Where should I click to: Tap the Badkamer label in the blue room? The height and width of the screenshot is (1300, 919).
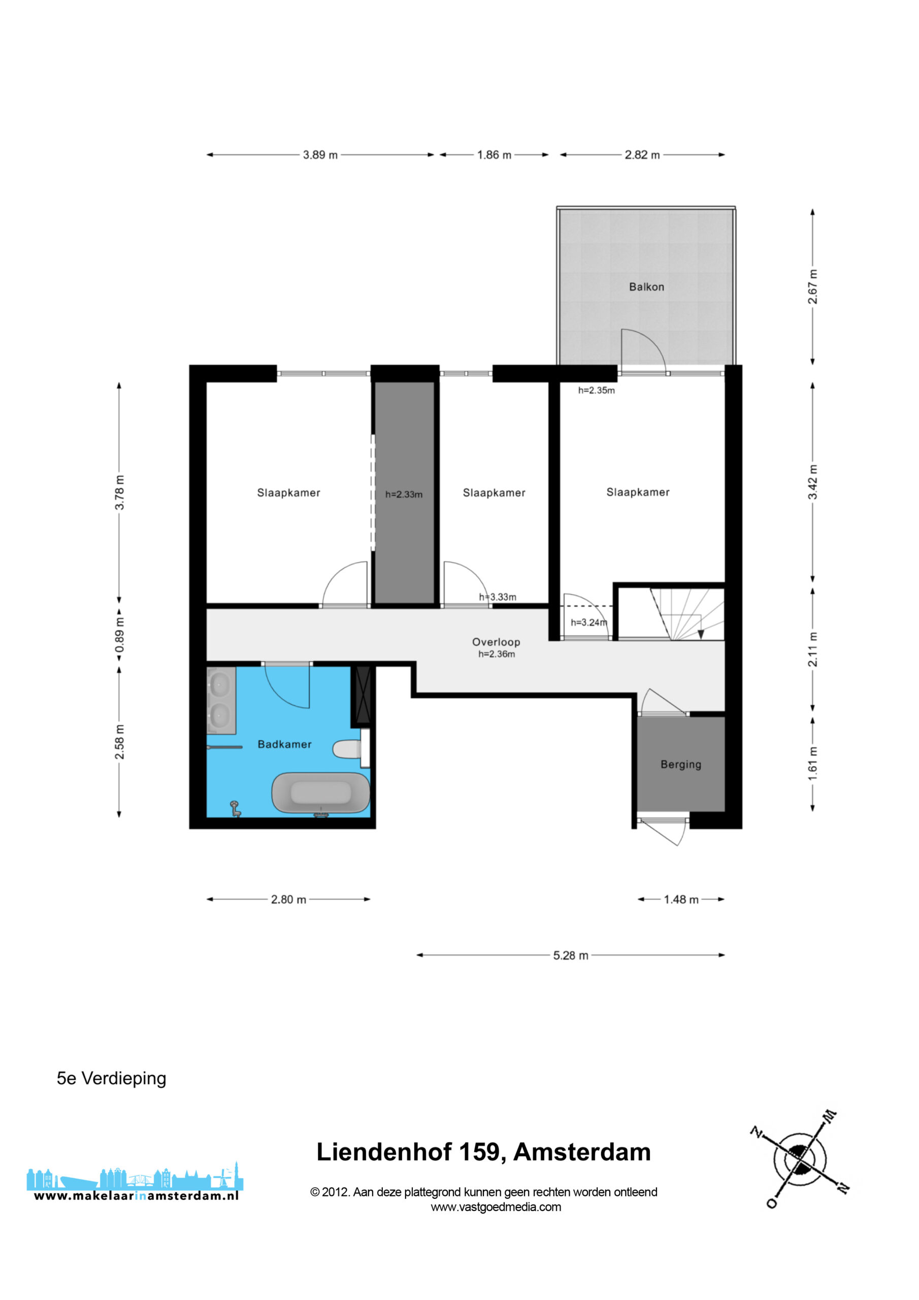click(x=284, y=744)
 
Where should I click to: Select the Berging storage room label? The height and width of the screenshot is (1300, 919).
click(x=680, y=764)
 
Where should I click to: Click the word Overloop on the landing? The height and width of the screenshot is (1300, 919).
click(x=496, y=641)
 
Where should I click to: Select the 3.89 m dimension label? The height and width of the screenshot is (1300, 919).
click(x=320, y=154)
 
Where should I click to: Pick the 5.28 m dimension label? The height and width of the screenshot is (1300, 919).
click(x=571, y=955)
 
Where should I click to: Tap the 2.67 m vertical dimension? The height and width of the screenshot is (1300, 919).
click(x=812, y=286)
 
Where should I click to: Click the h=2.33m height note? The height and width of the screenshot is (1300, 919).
click(x=404, y=494)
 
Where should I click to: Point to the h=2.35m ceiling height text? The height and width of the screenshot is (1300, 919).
click(x=596, y=390)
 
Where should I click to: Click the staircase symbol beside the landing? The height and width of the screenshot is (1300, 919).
click(x=686, y=614)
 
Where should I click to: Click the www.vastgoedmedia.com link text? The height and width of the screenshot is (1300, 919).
click(x=496, y=1207)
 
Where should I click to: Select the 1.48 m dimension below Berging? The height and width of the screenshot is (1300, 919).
click(x=681, y=899)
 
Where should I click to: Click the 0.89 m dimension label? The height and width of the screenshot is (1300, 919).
click(x=119, y=634)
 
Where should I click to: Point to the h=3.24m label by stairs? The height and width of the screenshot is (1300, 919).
click(x=589, y=622)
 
